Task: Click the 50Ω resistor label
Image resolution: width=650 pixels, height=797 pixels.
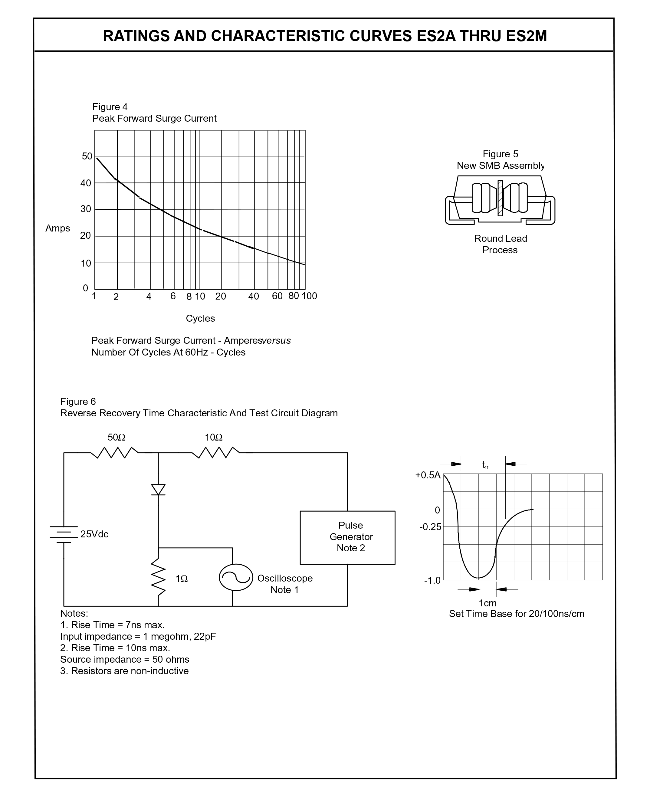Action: click(x=117, y=437)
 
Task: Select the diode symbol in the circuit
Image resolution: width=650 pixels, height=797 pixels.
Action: click(x=158, y=490)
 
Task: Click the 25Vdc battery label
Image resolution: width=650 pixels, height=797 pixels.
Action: click(x=94, y=534)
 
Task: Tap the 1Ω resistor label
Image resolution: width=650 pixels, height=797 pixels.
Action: click(x=182, y=579)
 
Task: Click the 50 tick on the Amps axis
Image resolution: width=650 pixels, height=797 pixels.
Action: click(x=87, y=156)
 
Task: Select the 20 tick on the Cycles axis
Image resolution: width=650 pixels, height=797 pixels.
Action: click(x=221, y=297)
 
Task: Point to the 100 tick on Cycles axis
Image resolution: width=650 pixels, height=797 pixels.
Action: click(x=309, y=296)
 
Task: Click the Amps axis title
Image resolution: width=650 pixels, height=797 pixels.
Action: click(x=58, y=228)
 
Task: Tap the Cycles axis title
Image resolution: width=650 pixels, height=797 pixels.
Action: click(x=200, y=319)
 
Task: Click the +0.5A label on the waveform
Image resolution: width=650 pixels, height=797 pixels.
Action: click(x=428, y=475)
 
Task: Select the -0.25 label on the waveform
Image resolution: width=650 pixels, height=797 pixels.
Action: click(x=430, y=527)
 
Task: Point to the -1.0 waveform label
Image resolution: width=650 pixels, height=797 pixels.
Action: click(x=432, y=581)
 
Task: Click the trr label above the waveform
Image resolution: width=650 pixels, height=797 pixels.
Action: click(x=485, y=465)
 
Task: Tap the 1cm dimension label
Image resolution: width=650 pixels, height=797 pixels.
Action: click(x=487, y=603)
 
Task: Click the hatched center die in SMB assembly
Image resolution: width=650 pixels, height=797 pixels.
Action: click(x=500, y=198)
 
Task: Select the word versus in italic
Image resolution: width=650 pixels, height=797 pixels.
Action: click(x=276, y=341)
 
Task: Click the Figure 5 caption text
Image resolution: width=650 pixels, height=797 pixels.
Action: click(x=500, y=154)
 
